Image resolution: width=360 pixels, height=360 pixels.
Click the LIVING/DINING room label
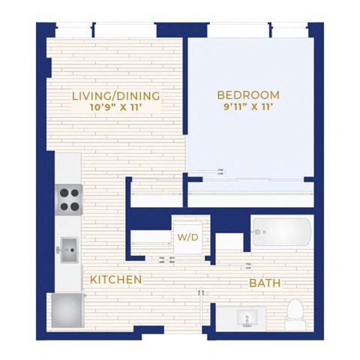pyautogui.click(x=115, y=95)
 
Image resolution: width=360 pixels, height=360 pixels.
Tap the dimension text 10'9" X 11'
pyautogui.click(x=115, y=107)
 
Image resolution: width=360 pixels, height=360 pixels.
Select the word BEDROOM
pyautogui.click(x=248, y=95)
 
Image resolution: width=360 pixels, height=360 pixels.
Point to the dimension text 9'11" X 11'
pyautogui.click(x=248, y=107)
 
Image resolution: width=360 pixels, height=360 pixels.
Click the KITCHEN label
pyautogui.click(x=116, y=279)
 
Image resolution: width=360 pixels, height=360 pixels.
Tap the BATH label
pyautogui.click(x=265, y=283)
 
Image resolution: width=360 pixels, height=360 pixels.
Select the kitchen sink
pyautogui.click(x=70, y=249)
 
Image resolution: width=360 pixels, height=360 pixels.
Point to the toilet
pyautogui.click(x=295, y=312)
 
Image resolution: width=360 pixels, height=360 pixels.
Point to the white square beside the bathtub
pyautogui.click(x=229, y=243)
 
